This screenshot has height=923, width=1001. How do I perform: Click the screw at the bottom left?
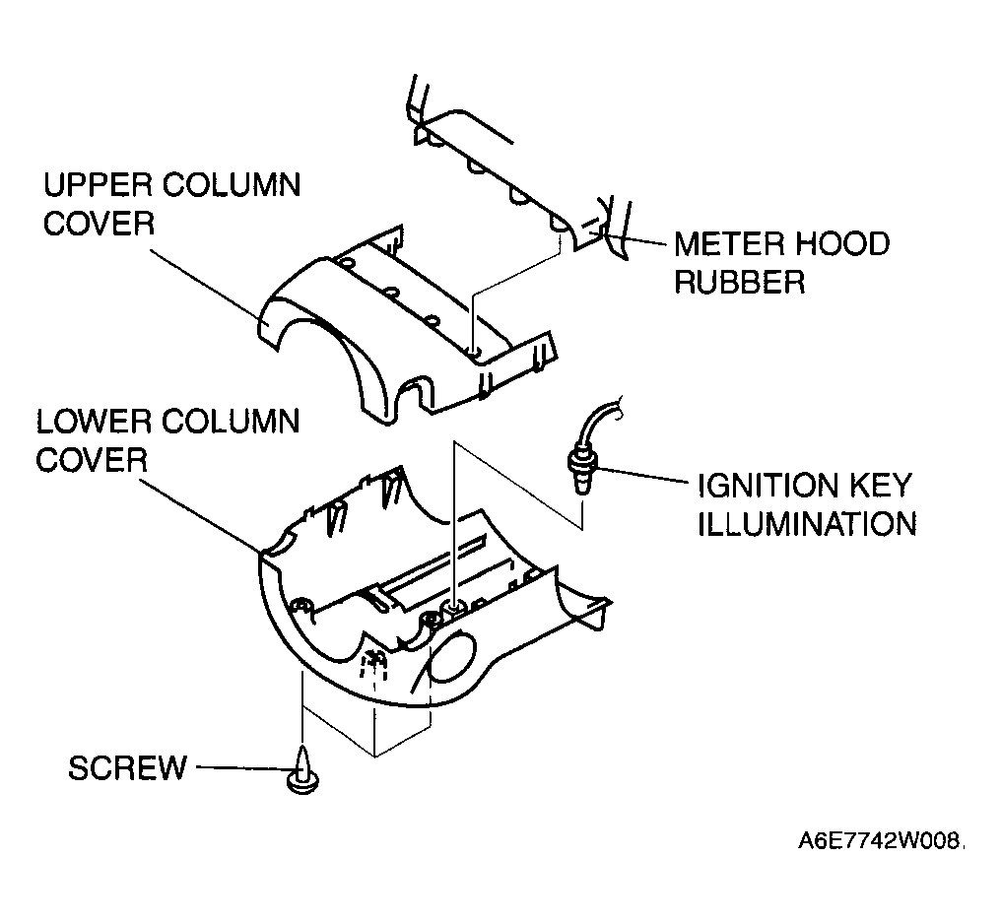302,770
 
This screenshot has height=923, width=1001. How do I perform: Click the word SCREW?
127,768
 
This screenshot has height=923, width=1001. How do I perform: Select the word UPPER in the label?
98,186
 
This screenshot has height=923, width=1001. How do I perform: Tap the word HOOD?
836,244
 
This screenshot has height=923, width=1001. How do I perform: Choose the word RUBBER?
739,282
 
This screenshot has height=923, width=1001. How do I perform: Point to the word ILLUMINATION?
807,524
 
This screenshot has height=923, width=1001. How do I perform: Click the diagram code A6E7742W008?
881,842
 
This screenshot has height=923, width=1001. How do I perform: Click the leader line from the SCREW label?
242,768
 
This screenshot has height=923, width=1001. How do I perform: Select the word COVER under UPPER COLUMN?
99,224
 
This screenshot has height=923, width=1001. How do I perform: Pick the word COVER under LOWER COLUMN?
92,460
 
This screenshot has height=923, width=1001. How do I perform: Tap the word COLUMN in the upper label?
232,186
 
